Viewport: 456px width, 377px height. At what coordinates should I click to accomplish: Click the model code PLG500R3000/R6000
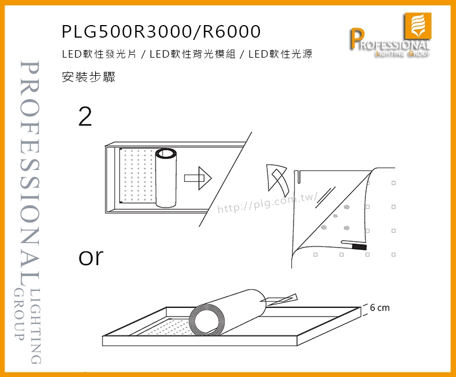click(161, 31)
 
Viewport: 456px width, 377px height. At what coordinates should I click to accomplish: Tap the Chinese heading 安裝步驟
click(89, 77)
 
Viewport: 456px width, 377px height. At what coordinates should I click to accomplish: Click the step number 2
click(85, 116)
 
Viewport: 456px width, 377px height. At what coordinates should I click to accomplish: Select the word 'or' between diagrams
click(91, 257)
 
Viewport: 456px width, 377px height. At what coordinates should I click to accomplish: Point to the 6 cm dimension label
click(380, 307)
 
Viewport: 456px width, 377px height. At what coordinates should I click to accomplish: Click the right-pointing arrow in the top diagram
click(198, 178)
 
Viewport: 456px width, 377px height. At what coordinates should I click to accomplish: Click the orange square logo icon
click(417, 26)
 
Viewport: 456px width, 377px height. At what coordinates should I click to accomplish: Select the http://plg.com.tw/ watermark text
click(267, 202)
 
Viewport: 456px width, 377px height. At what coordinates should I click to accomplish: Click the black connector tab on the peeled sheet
click(359, 248)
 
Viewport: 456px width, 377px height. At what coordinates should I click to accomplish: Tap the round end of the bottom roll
click(205, 319)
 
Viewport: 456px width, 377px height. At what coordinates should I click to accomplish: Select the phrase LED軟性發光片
click(99, 54)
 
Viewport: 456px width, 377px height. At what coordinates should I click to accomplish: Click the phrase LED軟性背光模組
click(193, 54)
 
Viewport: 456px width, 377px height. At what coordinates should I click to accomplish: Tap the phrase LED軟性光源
click(280, 54)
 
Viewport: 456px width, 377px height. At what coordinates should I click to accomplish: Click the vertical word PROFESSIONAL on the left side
click(30, 173)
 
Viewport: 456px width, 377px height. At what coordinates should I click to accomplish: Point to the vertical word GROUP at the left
click(19, 314)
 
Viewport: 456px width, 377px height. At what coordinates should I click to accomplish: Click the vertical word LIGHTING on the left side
click(35, 326)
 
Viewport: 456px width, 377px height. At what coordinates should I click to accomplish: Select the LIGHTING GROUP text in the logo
click(403, 54)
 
